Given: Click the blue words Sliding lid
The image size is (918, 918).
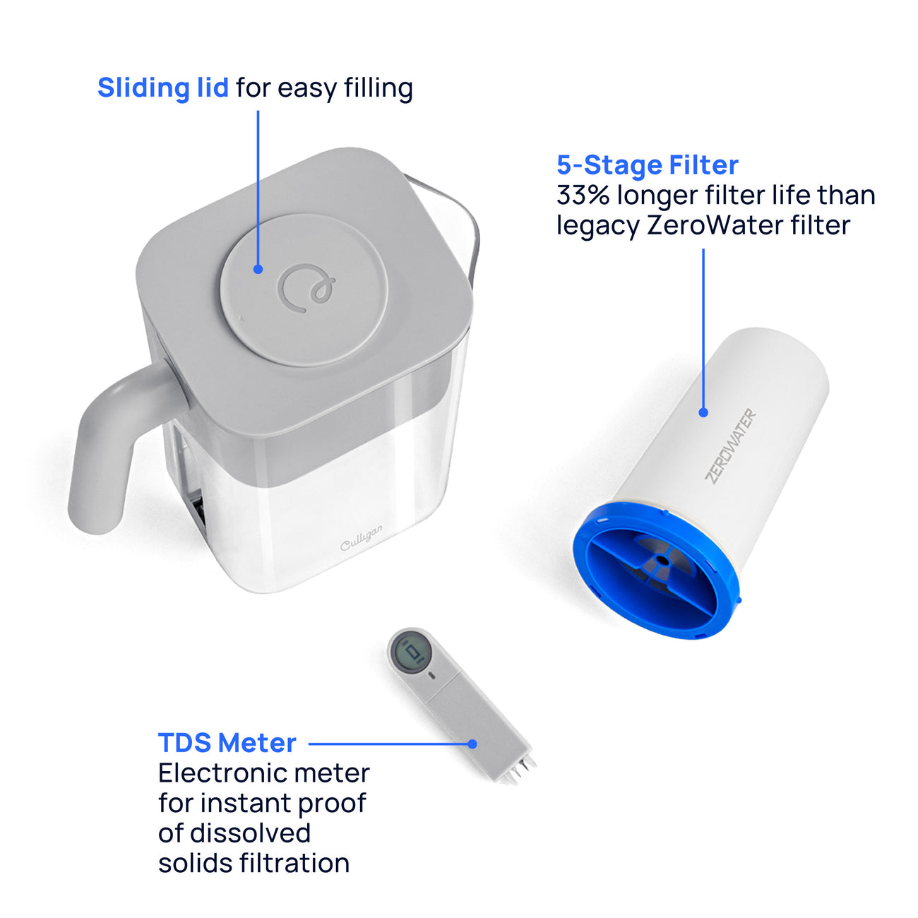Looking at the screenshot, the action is tap(163, 88).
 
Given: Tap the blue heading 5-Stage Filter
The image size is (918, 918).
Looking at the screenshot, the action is tap(648, 165).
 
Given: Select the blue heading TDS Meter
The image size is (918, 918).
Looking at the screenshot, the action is tap(227, 743).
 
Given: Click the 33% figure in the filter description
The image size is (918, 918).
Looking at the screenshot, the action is tap(583, 196).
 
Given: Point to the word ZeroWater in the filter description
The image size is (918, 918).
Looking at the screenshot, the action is tap(715, 225).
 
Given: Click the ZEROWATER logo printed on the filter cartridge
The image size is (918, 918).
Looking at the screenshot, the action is tap(730, 446).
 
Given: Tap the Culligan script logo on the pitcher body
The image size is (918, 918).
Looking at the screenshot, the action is tap(362, 538).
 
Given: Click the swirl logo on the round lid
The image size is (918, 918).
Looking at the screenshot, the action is tap(306, 288).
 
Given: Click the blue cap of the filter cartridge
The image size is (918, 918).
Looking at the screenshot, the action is tap(657, 570).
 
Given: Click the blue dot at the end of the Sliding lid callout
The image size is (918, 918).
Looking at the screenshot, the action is tap(258, 269).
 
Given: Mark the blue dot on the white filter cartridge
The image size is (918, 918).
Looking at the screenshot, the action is tap(703, 412).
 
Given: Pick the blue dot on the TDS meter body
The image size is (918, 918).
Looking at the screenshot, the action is tap(472, 744).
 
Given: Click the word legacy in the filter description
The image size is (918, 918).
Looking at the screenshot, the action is tap(597, 227).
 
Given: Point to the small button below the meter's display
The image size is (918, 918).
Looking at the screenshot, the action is tap(432, 675).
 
